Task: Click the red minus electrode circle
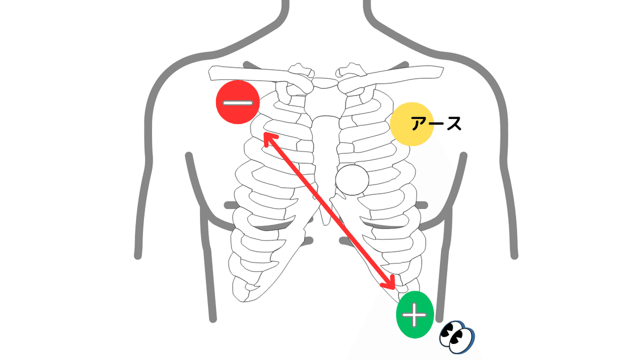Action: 238,102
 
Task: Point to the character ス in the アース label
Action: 452,124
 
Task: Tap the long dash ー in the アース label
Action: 436,124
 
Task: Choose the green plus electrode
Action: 415,315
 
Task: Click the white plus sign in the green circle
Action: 415,315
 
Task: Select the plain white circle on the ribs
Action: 352,180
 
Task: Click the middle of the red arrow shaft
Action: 330,210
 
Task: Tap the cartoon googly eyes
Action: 457,337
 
